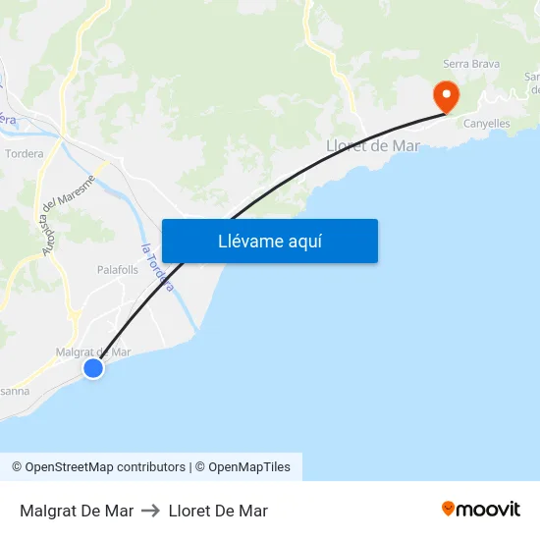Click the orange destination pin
pos(446,95)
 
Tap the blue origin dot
pos(93,368)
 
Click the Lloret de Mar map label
pos(372,146)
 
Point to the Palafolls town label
pos(118,269)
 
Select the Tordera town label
pos(25,154)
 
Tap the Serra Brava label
pos(471,65)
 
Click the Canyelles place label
pos(486,124)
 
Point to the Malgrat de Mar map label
pos(93,351)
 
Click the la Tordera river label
pos(158,267)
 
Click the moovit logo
pos(480,510)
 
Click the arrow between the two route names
pos(151,511)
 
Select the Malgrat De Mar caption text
pos(77,511)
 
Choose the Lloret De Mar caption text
pos(218,511)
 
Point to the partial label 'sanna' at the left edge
pos(15,391)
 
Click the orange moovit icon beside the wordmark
pos(449,509)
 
